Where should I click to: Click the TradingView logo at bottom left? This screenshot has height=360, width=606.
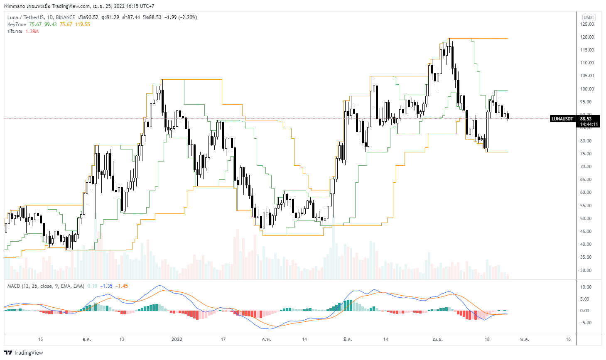(24, 353)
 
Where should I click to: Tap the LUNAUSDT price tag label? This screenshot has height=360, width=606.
(562, 119)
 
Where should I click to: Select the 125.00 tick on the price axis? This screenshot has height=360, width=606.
(587, 24)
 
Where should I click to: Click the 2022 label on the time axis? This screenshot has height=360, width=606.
(177, 339)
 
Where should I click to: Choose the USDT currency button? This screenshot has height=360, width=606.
(589, 17)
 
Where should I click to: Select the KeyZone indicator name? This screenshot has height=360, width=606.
(17, 24)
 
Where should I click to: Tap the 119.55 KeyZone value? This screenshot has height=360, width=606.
(83, 24)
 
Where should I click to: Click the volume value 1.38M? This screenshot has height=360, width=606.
(32, 32)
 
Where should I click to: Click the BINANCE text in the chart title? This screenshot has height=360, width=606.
(66, 17)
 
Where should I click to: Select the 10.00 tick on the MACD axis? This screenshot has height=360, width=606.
(586, 287)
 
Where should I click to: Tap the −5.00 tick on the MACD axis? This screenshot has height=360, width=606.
(586, 323)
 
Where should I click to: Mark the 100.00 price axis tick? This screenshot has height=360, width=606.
(587, 89)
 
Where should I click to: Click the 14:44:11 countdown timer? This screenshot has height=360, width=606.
(589, 124)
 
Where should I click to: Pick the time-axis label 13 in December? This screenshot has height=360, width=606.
(122, 339)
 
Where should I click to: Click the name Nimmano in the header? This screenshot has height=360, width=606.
(15, 6)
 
